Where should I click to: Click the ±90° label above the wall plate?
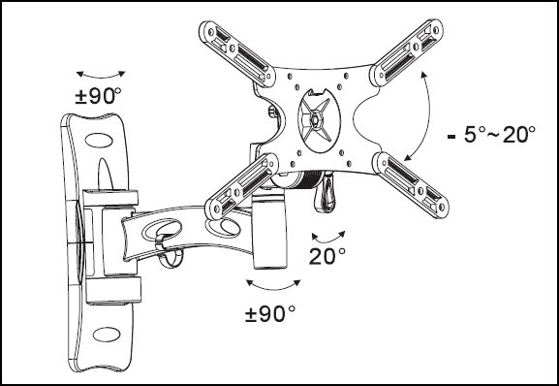(99, 96)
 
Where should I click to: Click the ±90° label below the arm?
(270, 314)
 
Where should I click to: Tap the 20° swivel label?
(326, 256)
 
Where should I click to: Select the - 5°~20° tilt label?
(491, 135)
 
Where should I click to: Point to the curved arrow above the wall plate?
(101, 76)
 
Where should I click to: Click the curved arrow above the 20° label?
(328, 239)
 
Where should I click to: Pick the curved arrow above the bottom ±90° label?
(273, 287)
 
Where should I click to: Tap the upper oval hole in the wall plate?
(99, 141)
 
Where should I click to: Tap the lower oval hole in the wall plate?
(107, 335)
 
